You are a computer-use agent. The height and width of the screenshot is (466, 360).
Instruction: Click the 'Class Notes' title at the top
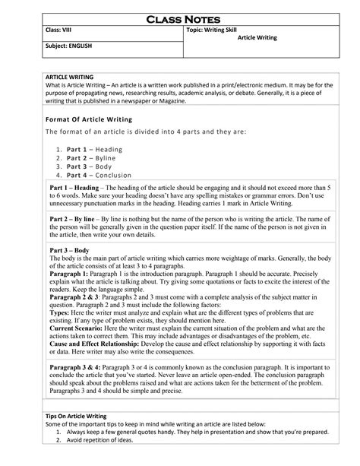[181, 17]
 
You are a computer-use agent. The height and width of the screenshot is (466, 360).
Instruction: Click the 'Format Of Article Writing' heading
[90, 119]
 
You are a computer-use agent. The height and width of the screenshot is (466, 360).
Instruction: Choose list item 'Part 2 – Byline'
[96, 158]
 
